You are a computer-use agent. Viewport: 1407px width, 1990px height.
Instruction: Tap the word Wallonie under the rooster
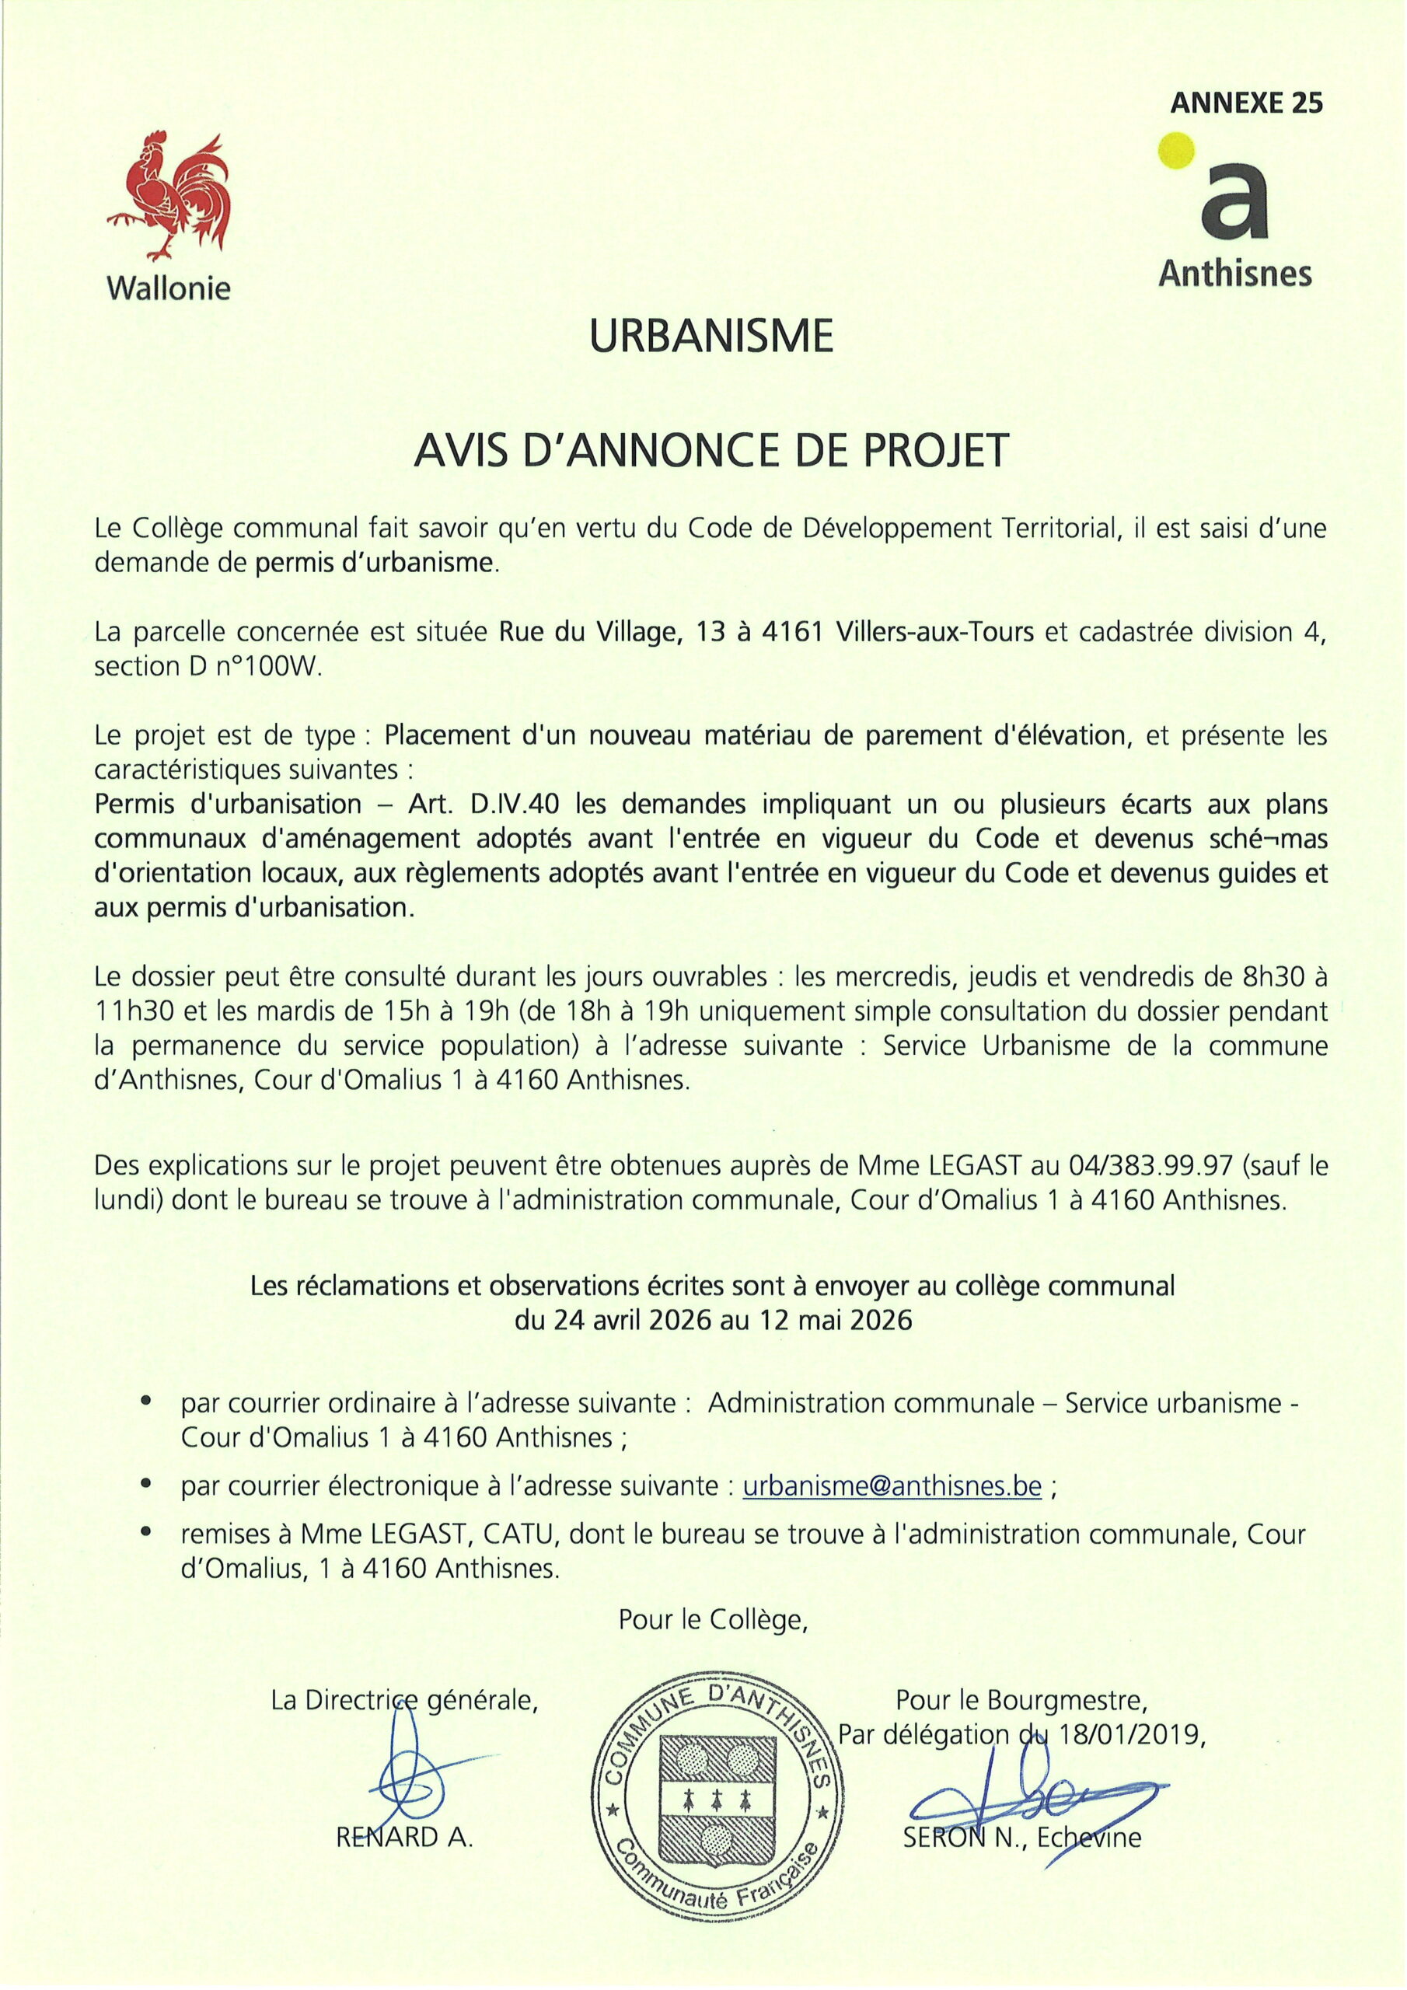point(168,288)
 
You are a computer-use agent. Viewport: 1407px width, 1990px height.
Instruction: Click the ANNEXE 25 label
point(1246,104)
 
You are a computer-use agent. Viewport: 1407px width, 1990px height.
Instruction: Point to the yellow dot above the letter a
point(1179,148)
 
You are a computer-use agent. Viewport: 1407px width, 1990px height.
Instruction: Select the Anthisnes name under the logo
point(1234,274)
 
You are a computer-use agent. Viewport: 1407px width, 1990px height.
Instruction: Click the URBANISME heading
point(710,337)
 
